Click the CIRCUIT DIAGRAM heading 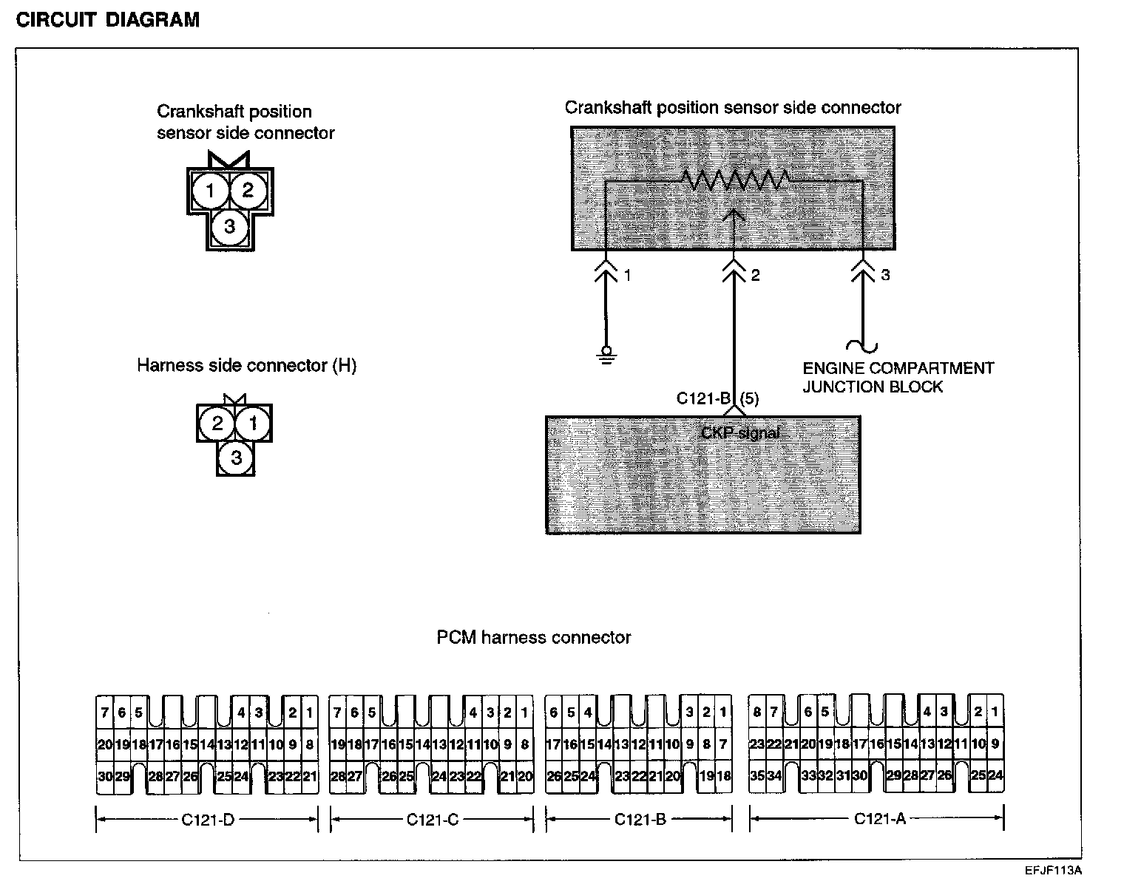coord(108,20)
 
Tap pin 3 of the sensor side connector coord(229,226)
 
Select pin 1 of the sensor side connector coord(210,191)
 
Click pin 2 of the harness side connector coord(217,424)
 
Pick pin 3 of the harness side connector coord(236,458)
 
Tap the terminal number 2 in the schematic coord(755,276)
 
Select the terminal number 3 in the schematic coord(885,276)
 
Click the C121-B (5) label coord(717,399)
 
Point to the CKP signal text coord(739,433)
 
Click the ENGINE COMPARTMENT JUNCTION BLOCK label coord(898,377)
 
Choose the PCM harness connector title coord(533,637)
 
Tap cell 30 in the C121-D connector coord(104,777)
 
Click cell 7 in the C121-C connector coord(338,713)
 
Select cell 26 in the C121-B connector coord(554,777)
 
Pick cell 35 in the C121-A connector coord(757,776)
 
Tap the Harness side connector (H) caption coord(246,366)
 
